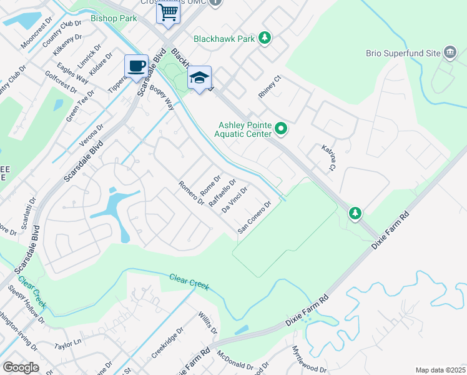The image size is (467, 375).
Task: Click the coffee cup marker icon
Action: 136,66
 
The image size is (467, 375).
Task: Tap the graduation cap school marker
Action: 199,77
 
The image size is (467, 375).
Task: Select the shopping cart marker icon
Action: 168,12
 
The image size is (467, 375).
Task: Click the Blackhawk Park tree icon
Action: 265,39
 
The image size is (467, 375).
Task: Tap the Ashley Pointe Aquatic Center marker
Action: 282,129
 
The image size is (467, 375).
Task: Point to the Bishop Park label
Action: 114,19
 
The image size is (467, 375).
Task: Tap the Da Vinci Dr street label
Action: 235,199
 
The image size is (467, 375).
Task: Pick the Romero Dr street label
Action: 191,192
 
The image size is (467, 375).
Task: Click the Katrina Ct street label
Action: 329,157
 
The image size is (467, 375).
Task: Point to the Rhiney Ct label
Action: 271,87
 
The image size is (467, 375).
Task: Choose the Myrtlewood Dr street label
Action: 308,361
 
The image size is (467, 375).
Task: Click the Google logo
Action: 21,367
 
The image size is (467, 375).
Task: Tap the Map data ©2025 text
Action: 440,370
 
